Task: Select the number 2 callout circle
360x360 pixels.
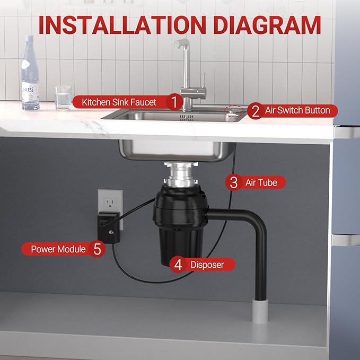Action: coord(255,111)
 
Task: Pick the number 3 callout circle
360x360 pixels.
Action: coord(233,183)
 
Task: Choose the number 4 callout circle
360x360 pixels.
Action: coord(178,265)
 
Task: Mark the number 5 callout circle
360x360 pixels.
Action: coord(97,249)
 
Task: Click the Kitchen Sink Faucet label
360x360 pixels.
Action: coord(119,101)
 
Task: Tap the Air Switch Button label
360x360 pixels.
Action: coord(297,111)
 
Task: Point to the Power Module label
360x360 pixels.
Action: coord(58,249)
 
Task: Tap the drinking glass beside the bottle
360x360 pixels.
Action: coord(63,98)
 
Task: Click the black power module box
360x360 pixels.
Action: coord(108,227)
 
